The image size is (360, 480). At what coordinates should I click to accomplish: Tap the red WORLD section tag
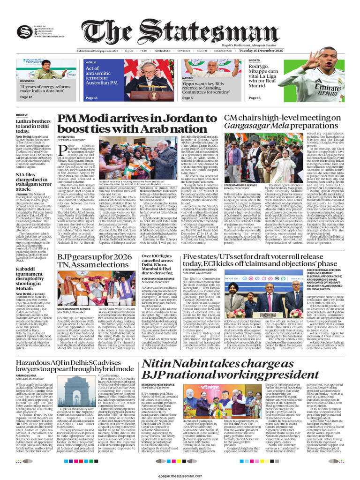[x=91, y=62]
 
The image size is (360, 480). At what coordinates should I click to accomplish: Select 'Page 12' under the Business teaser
[x=26, y=97]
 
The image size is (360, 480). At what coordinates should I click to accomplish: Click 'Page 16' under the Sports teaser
[x=254, y=97]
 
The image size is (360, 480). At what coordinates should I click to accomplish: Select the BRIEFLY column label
[x=22, y=115]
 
